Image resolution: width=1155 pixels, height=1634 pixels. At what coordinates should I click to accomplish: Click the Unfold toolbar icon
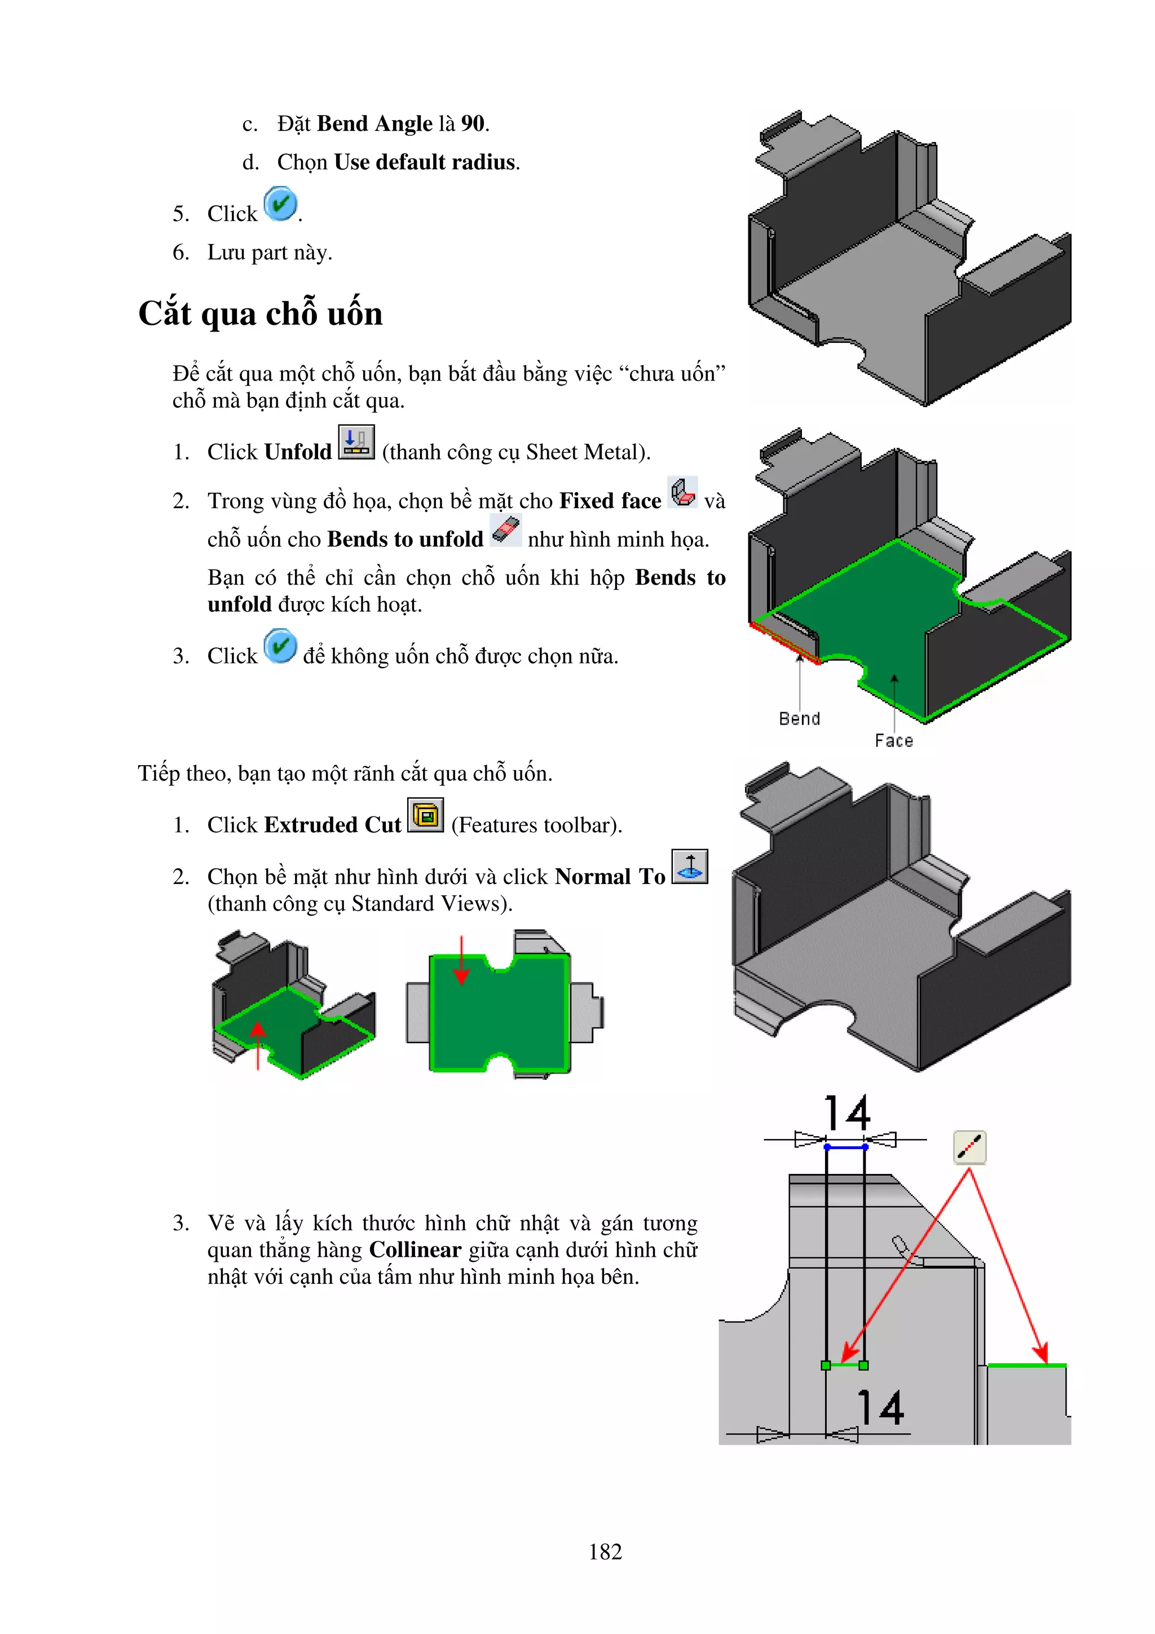coord(356,443)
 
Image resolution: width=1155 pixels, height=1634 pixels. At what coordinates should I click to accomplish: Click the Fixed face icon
coord(682,492)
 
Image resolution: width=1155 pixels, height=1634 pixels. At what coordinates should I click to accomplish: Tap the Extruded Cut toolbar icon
coord(426,815)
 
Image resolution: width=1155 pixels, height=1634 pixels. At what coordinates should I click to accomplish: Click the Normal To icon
coord(690,866)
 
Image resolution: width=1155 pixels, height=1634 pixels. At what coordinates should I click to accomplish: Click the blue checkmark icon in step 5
coord(280,204)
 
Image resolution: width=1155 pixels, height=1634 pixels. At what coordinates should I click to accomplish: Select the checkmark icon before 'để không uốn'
coord(280,646)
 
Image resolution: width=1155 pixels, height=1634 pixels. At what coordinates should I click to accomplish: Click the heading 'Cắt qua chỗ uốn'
coord(261,313)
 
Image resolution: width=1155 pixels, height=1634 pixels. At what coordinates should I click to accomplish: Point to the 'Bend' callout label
coord(799,719)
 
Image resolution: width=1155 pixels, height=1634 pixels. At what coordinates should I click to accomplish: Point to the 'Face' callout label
coord(893,741)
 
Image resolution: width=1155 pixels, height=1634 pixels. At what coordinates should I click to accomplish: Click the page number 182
coord(605,1552)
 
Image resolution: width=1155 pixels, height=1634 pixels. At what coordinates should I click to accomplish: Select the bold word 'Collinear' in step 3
coord(415,1249)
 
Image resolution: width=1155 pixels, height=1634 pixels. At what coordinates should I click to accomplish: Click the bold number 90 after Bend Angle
coord(473,124)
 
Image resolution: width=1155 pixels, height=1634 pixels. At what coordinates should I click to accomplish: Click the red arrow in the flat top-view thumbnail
coord(461,961)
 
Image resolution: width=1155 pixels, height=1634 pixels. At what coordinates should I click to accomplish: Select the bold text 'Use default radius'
coord(425,162)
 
